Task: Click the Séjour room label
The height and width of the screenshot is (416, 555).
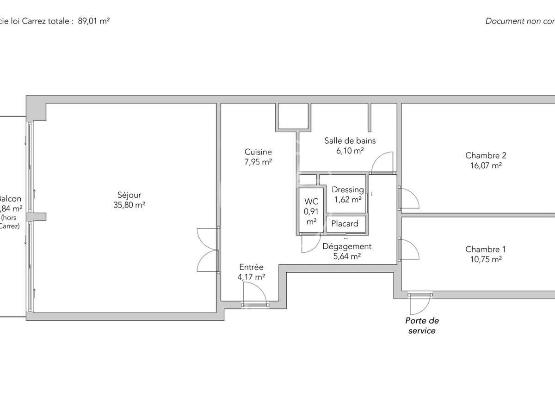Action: [129, 196]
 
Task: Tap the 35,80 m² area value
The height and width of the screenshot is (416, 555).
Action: [129, 205]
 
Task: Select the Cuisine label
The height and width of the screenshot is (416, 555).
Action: [258, 152]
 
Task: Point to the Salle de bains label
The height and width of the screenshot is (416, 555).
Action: [350, 141]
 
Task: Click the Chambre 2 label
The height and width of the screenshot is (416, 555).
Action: [482, 156]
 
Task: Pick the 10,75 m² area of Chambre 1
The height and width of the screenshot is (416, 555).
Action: [483, 259]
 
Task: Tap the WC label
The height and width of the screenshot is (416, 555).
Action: [311, 202]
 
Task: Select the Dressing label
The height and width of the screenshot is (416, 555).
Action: [348, 190]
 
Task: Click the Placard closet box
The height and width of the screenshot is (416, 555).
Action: [345, 224]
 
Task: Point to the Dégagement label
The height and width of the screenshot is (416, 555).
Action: [347, 246]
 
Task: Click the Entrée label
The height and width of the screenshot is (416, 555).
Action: [251, 267]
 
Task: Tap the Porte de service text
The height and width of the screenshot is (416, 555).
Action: [421, 325]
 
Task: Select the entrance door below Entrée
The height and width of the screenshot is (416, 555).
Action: [254, 294]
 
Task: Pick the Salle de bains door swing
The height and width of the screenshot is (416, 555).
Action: [382, 162]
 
